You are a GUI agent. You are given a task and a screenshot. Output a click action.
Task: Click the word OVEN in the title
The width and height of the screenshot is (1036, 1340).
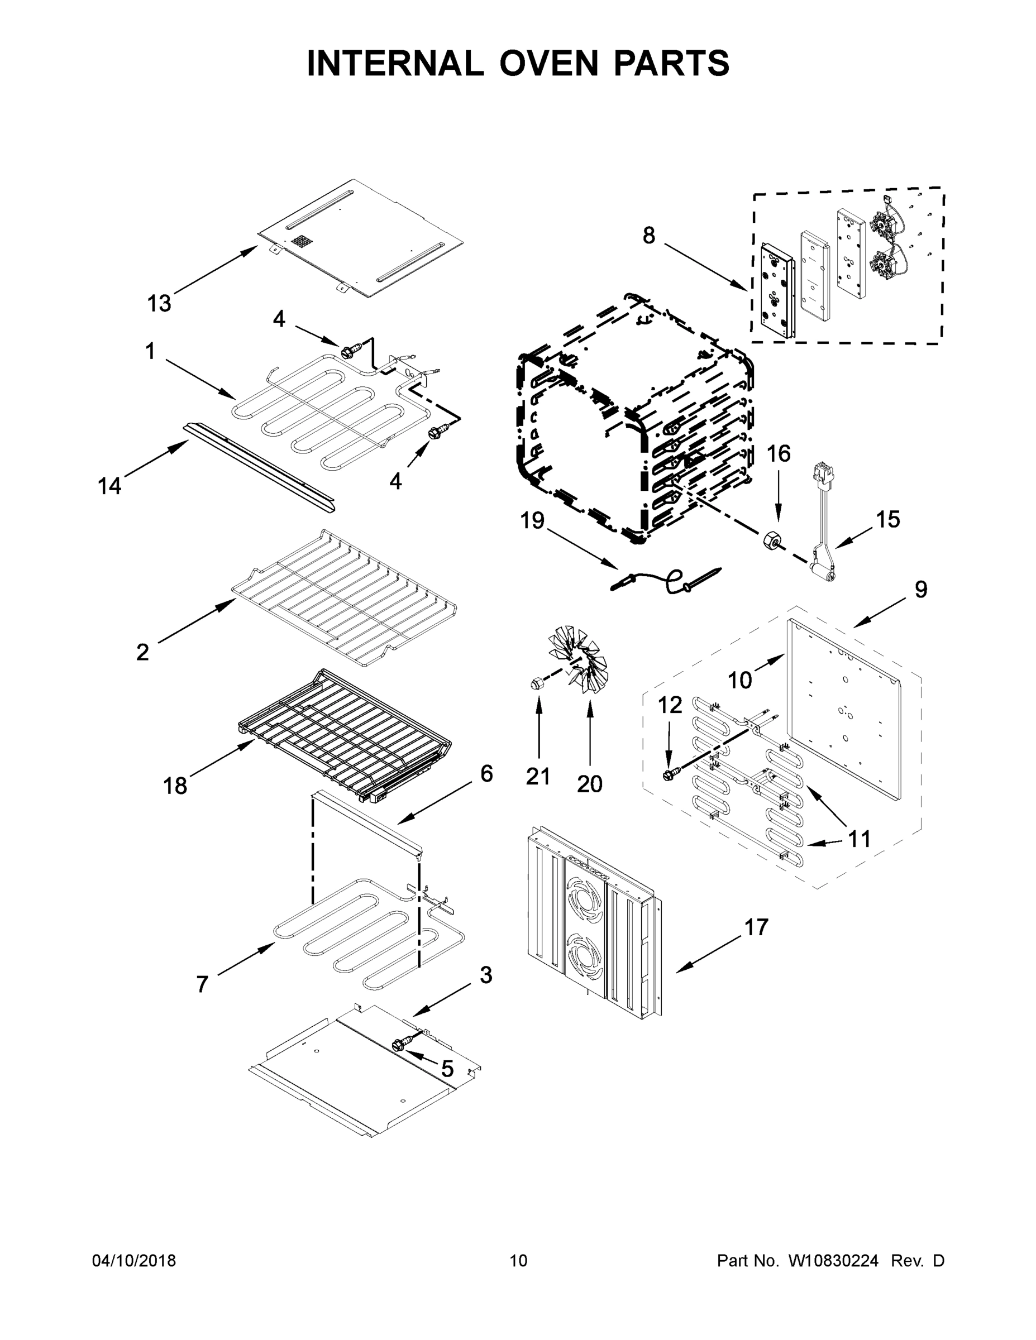coord(547,63)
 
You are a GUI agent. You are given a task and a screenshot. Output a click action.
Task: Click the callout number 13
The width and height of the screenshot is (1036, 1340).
coord(159,303)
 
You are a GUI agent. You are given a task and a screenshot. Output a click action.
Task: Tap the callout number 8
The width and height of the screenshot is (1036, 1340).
coord(649,235)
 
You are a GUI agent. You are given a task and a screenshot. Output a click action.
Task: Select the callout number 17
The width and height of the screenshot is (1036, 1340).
coord(756,927)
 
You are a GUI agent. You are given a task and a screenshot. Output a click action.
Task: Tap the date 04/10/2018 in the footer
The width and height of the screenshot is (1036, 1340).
coord(134,1260)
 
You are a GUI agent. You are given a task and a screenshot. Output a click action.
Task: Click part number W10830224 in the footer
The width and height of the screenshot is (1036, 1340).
coord(833,1260)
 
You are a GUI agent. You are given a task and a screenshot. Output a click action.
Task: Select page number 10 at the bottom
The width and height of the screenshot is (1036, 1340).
coord(518,1260)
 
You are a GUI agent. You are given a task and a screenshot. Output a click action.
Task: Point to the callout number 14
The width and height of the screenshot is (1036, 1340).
coord(110,486)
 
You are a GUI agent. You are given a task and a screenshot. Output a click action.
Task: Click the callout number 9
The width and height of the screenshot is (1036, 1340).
coord(920,590)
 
